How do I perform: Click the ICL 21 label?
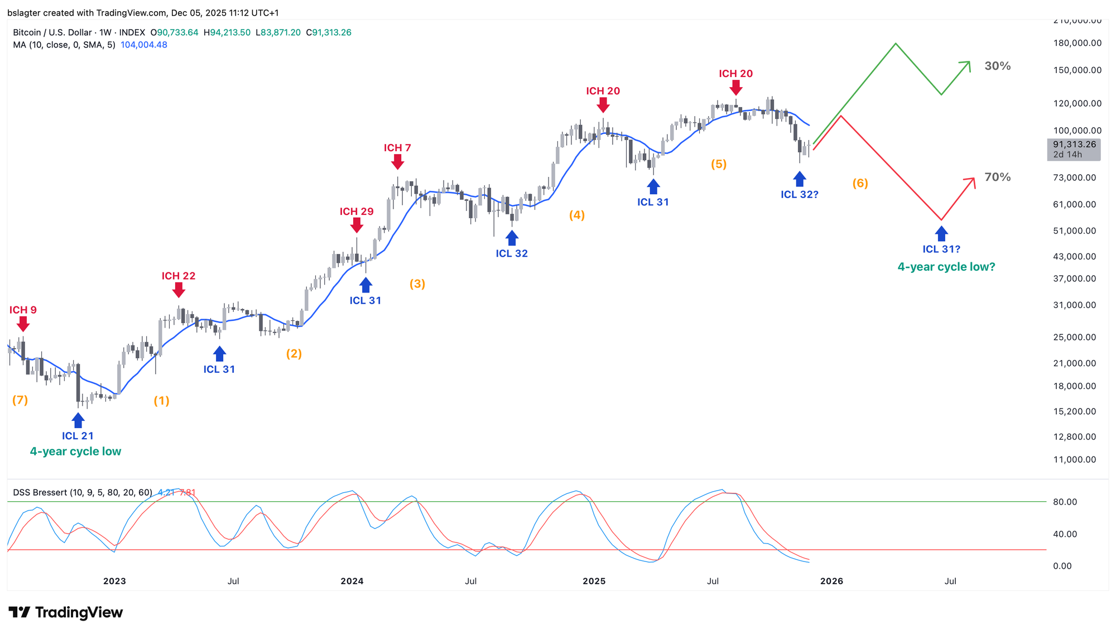coord(78,436)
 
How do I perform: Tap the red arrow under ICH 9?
coord(23,324)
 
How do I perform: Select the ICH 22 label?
coord(179,276)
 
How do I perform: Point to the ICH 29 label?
coord(357,212)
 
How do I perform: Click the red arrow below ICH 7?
coord(397,162)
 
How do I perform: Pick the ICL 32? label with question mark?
coord(800,194)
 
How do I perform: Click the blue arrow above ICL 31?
coord(941,233)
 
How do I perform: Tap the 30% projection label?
coord(998,66)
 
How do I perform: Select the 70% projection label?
coord(998,177)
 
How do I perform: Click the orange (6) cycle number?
coord(860,183)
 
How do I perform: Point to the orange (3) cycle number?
coord(417,284)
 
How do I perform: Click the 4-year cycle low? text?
coord(946,267)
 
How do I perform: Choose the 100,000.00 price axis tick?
coord(1077,131)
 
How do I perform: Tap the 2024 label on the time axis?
coord(352,581)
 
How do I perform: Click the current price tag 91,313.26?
coord(1074,145)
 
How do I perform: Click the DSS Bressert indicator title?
coord(83,492)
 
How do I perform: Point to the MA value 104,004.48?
coord(144,45)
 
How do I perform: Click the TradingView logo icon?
coord(20,612)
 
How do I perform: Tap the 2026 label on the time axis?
coord(831,581)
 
